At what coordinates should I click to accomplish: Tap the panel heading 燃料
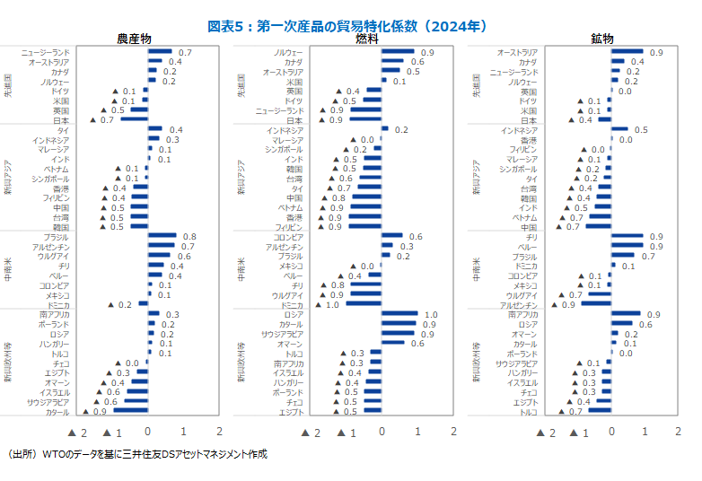click(x=366, y=39)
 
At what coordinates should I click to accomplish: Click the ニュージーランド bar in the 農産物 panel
click(x=161, y=53)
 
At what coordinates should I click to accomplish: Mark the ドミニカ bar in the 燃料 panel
click(x=364, y=305)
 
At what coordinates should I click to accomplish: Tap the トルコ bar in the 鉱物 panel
click(x=599, y=412)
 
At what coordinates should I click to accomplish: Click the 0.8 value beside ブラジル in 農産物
click(x=189, y=237)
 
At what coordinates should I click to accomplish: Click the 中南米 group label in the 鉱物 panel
click(x=475, y=271)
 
